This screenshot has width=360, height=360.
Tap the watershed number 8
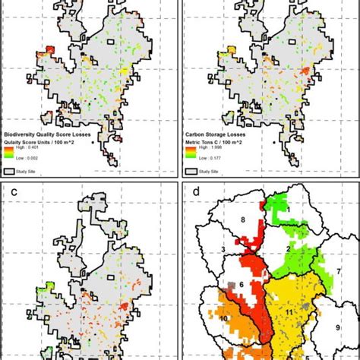[x=242, y=220]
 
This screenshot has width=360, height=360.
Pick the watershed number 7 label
[x=338, y=270]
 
